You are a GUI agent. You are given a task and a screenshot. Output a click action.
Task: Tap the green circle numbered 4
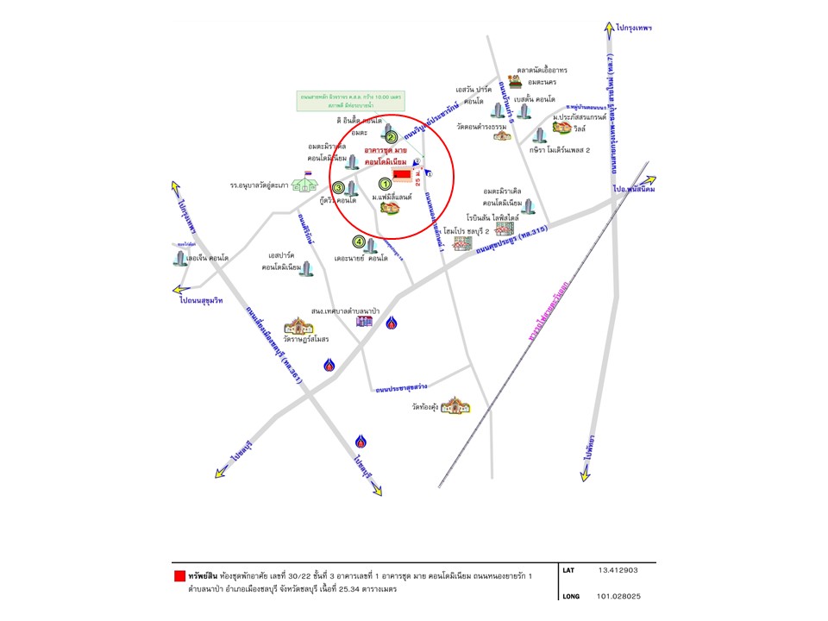pyautogui.click(x=358, y=241)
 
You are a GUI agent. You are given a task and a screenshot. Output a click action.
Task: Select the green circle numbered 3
pyautogui.click(x=339, y=188)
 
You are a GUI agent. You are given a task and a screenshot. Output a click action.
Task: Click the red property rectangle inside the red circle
pyautogui.click(x=403, y=175)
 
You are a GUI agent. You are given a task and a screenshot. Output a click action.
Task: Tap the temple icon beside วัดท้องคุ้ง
pyautogui.click(x=455, y=405)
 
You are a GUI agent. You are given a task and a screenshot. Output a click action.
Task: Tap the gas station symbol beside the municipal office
pyautogui.click(x=392, y=324)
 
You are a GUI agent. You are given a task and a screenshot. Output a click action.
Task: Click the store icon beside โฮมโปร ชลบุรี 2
pyautogui.click(x=463, y=244)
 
